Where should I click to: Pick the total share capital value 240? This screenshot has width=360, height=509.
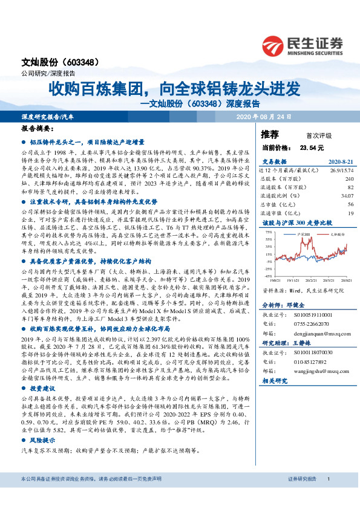coord(349,179)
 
